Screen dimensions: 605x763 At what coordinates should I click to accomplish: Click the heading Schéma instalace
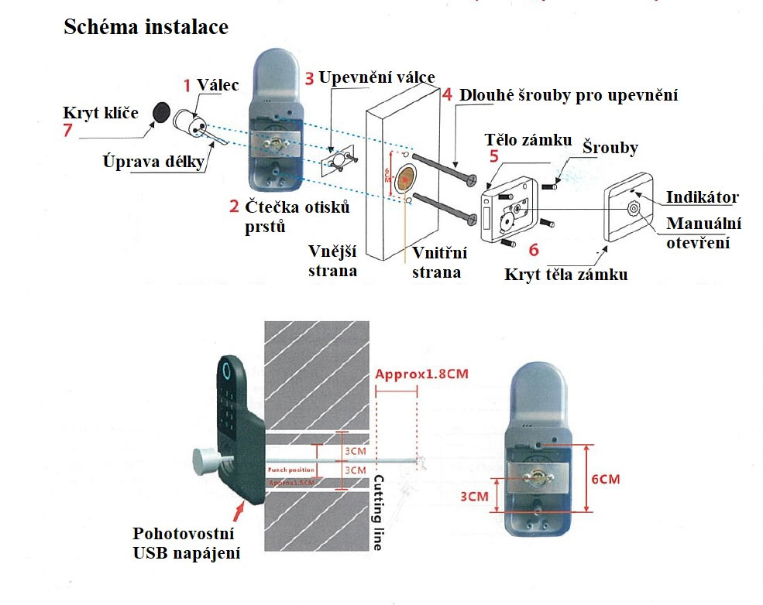[146, 27]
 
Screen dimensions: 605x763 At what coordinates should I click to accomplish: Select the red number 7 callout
[67, 131]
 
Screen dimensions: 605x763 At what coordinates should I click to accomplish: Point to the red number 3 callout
[309, 78]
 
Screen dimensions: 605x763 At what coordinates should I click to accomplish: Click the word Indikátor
[702, 197]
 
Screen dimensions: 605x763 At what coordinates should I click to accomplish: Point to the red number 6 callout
[532, 249]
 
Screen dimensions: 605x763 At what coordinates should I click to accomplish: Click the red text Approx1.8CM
[421, 375]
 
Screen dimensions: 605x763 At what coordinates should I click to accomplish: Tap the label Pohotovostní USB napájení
[185, 544]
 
